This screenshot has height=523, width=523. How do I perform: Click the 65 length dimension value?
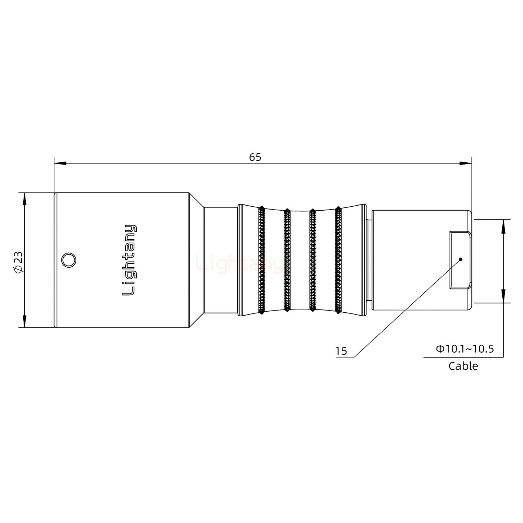[x=255, y=157]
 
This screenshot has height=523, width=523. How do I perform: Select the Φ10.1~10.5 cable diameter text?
[x=465, y=349]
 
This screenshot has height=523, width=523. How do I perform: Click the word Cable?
[x=463, y=366]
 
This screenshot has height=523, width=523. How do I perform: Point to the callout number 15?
[x=341, y=351]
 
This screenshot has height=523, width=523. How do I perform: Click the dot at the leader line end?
[x=461, y=259]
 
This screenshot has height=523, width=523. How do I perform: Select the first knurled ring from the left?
[x=261, y=260]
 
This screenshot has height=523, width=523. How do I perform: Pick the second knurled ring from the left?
[x=287, y=260]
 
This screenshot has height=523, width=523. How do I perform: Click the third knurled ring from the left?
[x=312, y=260]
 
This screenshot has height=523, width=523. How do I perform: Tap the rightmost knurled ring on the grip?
[x=338, y=260]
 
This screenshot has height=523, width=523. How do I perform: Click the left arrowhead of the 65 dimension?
[x=60, y=163]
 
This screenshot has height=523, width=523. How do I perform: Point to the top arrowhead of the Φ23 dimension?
[x=24, y=198]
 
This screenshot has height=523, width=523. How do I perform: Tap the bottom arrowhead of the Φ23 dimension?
[x=24, y=322]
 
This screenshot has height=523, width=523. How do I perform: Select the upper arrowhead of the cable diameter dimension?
[x=503, y=226]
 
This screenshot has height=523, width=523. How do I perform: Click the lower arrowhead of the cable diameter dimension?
[x=503, y=296]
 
